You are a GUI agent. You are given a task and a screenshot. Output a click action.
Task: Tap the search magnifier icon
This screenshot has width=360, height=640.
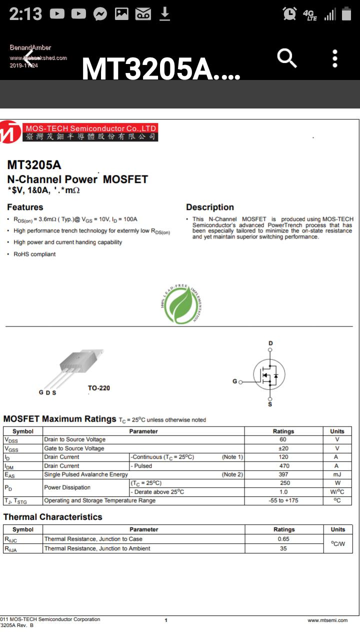[x=287, y=59]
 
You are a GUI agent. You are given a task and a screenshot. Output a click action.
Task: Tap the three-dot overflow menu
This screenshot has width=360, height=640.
[x=335, y=59]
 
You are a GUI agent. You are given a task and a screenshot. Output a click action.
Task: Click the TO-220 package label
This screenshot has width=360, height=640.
[x=98, y=388]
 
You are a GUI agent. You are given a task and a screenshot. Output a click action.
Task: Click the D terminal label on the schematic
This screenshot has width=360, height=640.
[x=270, y=343]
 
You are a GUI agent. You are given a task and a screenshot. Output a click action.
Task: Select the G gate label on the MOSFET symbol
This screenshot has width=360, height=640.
[x=234, y=381]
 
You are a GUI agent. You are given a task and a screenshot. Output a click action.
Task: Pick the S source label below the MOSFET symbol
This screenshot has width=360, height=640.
[x=270, y=403]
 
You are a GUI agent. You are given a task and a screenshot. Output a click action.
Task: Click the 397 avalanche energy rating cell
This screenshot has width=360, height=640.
[x=283, y=474]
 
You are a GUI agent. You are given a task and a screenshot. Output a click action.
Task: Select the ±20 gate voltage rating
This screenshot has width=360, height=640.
[x=283, y=448]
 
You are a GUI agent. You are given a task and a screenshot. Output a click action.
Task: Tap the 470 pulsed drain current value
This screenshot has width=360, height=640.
[x=283, y=465]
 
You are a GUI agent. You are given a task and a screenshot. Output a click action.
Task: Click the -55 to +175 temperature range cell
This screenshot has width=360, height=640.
[x=283, y=500]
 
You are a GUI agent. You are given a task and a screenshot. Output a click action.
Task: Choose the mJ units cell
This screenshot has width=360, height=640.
[x=337, y=474]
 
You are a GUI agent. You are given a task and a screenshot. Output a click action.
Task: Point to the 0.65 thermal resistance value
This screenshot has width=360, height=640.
[x=283, y=539]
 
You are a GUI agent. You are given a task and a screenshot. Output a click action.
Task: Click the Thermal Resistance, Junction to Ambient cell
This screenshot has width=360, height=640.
[x=97, y=548]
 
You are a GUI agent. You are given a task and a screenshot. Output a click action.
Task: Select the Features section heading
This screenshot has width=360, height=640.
[x=25, y=207]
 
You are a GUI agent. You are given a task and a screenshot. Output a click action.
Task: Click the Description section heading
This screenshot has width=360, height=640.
[x=210, y=207]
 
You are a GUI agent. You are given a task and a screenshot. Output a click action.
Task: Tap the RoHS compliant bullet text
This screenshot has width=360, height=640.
[x=34, y=254]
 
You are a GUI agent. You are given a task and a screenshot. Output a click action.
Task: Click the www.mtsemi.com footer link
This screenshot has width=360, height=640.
[x=327, y=620]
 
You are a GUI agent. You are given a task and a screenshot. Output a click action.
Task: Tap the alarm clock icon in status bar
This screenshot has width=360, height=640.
[x=289, y=14]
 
